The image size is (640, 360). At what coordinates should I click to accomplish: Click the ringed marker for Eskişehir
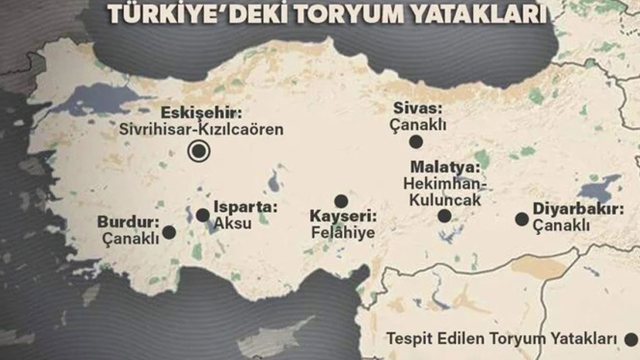coord(199,150)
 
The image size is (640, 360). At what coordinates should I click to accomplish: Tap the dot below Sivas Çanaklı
coord(415,142)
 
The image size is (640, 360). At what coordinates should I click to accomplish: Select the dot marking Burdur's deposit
coord(169,232)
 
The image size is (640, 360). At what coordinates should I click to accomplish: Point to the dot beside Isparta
coord(203,215)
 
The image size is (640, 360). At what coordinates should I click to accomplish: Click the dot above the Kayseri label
coord(341,201)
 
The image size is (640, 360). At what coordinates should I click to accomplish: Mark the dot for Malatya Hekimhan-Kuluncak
coord(444,216)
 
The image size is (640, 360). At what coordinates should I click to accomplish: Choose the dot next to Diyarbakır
coord(521,219)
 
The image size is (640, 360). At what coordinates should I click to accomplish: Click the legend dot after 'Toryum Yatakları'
coord(631,340)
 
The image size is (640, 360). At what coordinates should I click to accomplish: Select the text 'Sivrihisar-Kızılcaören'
coord(201,129)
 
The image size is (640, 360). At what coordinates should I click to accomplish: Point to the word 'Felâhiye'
coord(343,232)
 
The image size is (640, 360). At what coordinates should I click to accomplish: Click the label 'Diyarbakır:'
coord(578,209)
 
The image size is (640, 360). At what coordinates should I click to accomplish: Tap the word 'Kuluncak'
coord(445,200)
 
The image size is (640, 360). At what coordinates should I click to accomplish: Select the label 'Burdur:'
coord(128,221)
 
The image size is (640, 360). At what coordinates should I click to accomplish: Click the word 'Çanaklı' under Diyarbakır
coord(561,226)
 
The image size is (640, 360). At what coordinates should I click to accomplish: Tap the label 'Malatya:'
coord(445,167)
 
